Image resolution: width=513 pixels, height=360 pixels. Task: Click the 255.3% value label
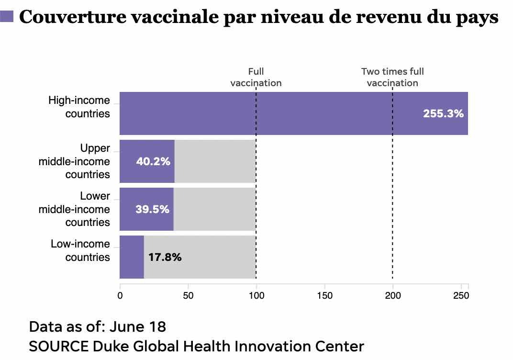coord(443,113)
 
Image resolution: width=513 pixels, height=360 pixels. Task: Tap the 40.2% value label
coord(153,161)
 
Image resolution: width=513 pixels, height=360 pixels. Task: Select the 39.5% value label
coord(153,209)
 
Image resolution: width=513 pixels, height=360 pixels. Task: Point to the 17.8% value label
coord(165,257)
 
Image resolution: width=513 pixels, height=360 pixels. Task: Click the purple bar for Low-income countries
coord(132,257)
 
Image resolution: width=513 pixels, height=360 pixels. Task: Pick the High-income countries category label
coord(79,107)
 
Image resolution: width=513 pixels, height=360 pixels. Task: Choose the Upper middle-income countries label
coord(74,161)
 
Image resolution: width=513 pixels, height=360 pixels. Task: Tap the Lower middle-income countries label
coord(74,209)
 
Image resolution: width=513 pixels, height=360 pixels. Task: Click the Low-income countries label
coord(80,250)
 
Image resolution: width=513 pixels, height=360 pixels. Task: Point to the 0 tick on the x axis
coord(120,295)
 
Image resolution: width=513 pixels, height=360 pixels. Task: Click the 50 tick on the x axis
coord(188,295)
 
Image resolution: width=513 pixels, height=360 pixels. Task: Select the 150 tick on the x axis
coord(324,295)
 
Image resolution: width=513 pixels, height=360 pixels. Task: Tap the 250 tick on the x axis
coord(461,295)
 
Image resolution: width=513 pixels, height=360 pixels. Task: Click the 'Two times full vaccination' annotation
coord(392,77)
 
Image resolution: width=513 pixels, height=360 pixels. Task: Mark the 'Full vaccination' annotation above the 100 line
coord(256,77)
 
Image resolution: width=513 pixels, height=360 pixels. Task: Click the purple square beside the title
coord(7,16)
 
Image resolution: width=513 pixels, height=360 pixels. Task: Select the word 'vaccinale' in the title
coord(175,17)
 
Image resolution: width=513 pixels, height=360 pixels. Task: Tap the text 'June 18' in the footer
coord(138,326)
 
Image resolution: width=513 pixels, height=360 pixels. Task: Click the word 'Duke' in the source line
coord(111,346)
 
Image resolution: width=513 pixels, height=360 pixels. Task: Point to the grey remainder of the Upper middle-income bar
coord(215,161)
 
